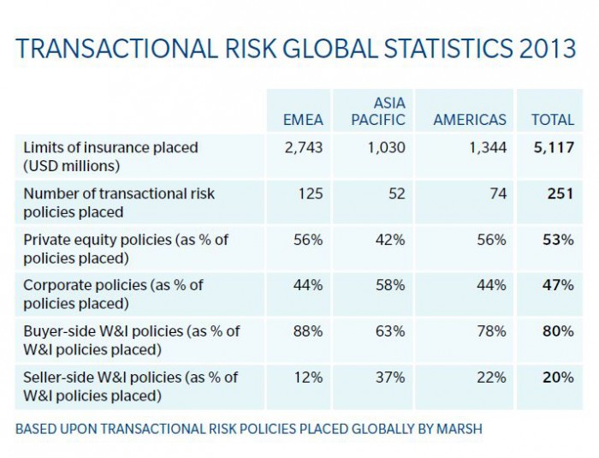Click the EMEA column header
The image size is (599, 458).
click(x=303, y=120)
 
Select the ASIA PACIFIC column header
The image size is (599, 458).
click(x=377, y=111)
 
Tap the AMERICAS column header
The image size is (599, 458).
click(x=470, y=120)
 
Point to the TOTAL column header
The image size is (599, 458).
click(x=552, y=120)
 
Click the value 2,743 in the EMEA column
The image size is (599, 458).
click(x=303, y=147)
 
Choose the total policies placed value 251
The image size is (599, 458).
click(x=560, y=193)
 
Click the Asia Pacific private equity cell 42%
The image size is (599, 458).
click(x=391, y=240)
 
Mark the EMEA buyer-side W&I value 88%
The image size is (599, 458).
click(x=309, y=331)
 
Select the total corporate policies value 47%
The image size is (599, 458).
click(x=559, y=285)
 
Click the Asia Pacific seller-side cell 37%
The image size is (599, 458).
click(x=391, y=378)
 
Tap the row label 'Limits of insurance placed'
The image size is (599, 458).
click(x=110, y=147)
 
